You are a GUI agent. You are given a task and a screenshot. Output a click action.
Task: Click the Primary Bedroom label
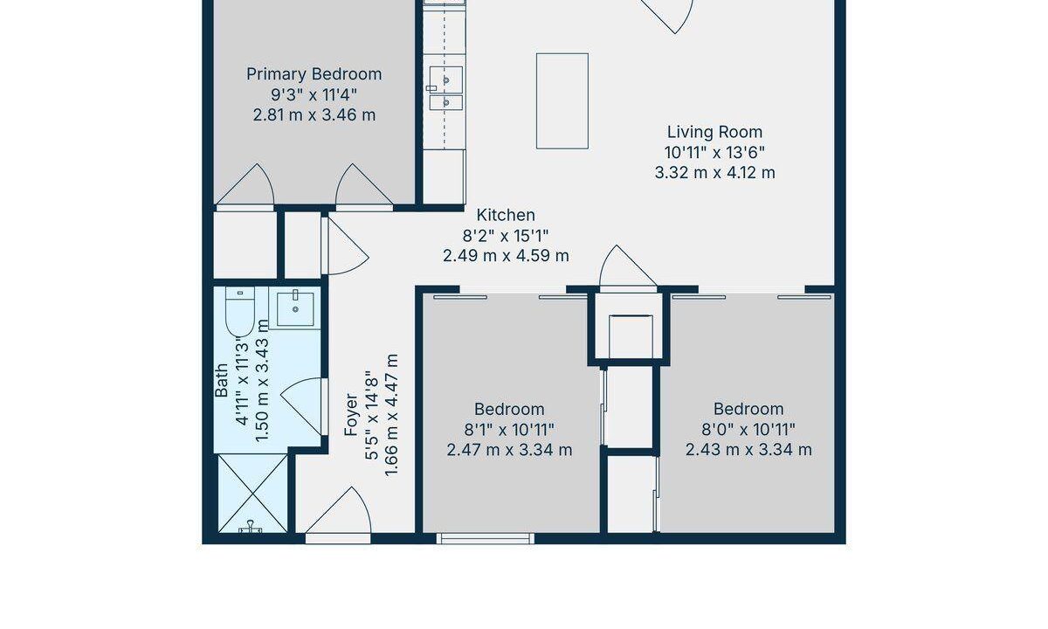[x=314, y=74]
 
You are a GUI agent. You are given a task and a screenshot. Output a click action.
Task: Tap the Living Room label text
[x=714, y=132]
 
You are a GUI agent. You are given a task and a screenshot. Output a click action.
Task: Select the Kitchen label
[x=506, y=215]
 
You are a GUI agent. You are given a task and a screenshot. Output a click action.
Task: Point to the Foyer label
[x=351, y=415]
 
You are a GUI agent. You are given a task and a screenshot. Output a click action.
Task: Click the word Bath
[x=221, y=381]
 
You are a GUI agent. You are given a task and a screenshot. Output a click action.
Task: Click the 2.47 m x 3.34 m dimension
[x=509, y=450]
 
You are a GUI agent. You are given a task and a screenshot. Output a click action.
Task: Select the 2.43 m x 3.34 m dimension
[x=748, y=450]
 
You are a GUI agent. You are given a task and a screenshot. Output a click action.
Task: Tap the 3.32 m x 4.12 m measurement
[x=714, y=173]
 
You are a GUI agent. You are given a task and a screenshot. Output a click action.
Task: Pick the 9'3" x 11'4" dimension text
[x=314, y=95]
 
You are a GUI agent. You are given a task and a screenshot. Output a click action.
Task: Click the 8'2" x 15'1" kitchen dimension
[x=506, y=236]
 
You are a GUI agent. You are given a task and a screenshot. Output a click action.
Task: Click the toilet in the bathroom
[x=239, y=311]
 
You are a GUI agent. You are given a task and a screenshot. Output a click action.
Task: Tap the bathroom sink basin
[x=295, y=309]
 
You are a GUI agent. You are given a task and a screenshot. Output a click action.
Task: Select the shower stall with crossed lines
[x=252, y=494]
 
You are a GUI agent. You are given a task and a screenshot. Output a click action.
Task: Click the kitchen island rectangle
[x=562, y=101]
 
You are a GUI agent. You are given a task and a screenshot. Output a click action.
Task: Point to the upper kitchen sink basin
[x=446, y=80]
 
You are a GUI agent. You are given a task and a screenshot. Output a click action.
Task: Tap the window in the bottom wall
[x=486, y=539]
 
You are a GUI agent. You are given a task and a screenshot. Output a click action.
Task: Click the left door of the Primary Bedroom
[x=245, y=187]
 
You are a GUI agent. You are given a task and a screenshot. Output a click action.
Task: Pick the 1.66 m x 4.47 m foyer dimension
[x=391, y=415]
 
